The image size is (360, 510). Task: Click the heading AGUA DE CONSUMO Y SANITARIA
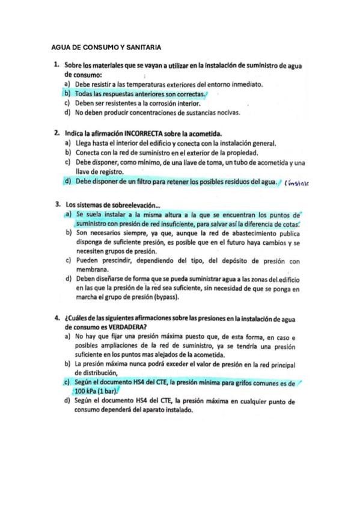(x=107, y=46)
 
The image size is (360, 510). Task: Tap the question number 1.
(x=55, y=64)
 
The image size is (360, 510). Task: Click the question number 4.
(x=55, y=318)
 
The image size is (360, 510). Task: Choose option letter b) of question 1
(x=67, y=94)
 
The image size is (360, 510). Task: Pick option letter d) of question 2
(x=67, y=181)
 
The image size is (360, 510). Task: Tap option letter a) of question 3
(x=68, y=215)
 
